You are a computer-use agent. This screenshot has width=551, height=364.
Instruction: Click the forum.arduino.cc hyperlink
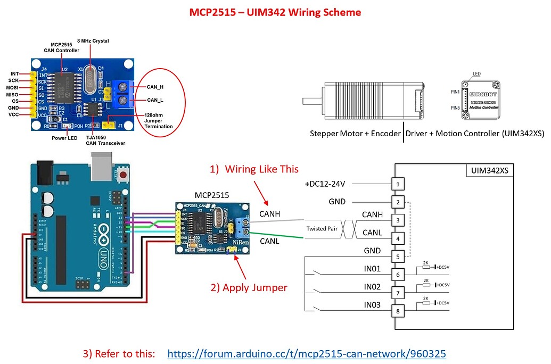click(x=306, y=354)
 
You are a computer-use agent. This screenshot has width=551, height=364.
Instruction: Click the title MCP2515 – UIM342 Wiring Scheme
click(x=275, y=12)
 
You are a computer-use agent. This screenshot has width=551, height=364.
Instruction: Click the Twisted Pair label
click(x=321, y=228)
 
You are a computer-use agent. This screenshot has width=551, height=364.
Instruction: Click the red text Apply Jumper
click(x=249, y=288)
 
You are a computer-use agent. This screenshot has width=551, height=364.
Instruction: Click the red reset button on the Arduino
click(x=124, y=175)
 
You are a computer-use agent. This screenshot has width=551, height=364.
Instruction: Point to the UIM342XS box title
click(x=488, y=171)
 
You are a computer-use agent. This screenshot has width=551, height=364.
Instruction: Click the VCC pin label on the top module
click(x=14, y=114)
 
